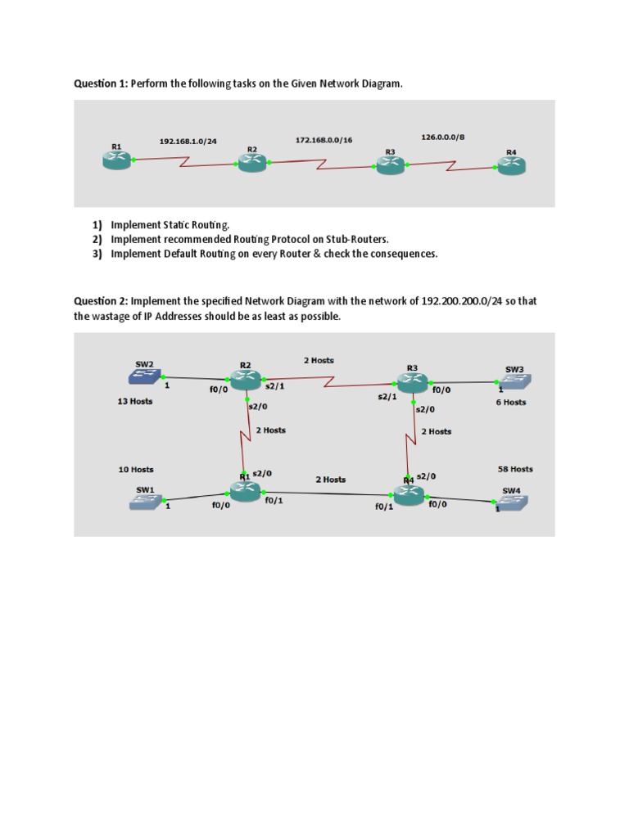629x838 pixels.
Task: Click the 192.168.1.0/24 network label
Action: (188, 142)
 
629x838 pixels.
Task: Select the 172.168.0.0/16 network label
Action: (324, 141)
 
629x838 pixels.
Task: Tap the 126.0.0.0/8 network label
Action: (442, 137)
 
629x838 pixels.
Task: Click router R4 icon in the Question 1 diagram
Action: (511, 166)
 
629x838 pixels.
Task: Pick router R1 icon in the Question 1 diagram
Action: (116, 160)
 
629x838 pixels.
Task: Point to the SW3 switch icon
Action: (514, 381)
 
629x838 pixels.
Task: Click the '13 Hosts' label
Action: (135, 402)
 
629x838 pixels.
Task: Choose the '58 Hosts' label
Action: (515, 470)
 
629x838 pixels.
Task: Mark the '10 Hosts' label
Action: (136, 470)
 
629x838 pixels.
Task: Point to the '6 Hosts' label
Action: (511, 403)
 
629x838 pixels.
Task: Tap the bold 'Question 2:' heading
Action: (101, 301)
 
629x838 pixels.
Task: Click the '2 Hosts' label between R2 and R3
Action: (319, 360)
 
